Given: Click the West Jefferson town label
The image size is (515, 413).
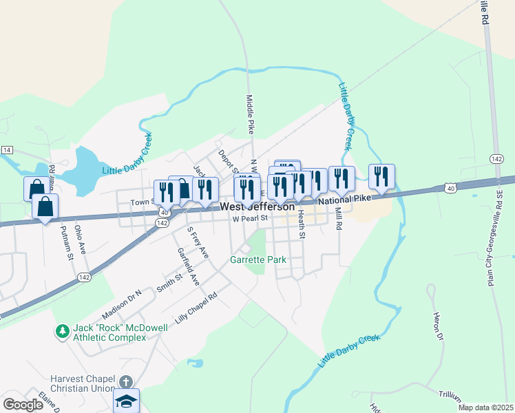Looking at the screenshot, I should point(257,206).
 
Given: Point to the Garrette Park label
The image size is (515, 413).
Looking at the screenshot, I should point(257,260).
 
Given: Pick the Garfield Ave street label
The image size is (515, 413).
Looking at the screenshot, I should point(188,267).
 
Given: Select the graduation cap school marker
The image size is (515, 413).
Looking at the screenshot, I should point(126,400).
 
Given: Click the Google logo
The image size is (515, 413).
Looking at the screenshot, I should point(23,405).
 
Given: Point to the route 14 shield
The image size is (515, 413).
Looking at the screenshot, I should point(7,150).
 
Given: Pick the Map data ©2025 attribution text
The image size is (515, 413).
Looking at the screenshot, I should point(485,407).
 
